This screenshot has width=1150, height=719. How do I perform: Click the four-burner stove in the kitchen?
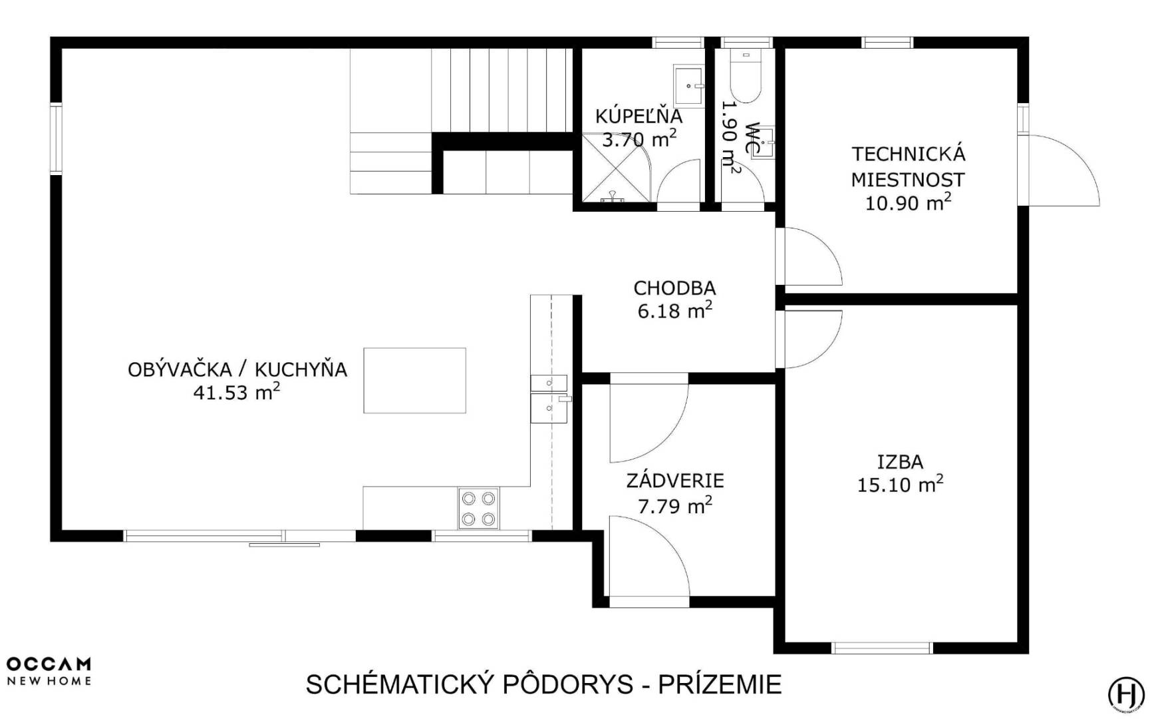(x=478, y=509)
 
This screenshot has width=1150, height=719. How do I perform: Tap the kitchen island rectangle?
(x=414, y=380)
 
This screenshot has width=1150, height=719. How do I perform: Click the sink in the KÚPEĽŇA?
(x=689, y=86)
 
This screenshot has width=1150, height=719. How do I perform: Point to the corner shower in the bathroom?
(x=616, y=167)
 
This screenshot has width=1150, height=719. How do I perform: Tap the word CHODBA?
(x=674, y=288)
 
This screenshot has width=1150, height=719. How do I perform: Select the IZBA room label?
(x=900, y=461)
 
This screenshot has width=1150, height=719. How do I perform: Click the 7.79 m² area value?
(x=675, y=505)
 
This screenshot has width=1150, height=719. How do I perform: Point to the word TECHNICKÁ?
(x=909, y=154)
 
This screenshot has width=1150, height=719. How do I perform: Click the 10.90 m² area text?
(x=908, y=202)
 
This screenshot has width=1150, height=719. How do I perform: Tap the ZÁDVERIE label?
(x=675, y=481)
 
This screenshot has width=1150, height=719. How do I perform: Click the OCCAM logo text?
(x=49, y=664)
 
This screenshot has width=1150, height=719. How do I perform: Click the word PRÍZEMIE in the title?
(x=720, y=684)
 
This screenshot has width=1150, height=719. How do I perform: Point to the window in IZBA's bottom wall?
(x=882, y=648)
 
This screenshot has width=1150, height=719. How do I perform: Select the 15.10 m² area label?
(x=900, y=484)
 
